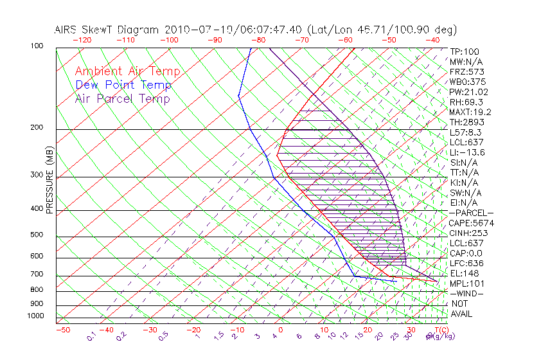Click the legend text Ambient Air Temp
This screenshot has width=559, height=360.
(x=127, y=71)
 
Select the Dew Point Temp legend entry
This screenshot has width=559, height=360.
(x=123, y=85)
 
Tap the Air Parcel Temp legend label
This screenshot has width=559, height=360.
(x=122, y=98)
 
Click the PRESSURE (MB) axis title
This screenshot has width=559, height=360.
(x=49, y=179)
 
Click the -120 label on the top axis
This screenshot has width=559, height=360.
(x=82, y=39)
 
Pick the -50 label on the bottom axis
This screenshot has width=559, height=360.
(x=62, y=330)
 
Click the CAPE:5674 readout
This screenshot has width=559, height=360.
(x=471, y=223)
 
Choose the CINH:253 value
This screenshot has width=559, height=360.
(x=468, y=233)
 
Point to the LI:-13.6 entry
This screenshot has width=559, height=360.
(x=467, y=152)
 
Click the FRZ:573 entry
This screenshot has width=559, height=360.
(x=466, y=71)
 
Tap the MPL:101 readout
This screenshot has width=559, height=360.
(x=466, y=283)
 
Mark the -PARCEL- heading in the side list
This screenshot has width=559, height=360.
(x=471, y=213)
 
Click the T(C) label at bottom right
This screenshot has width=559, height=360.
(x=438, y=330)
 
